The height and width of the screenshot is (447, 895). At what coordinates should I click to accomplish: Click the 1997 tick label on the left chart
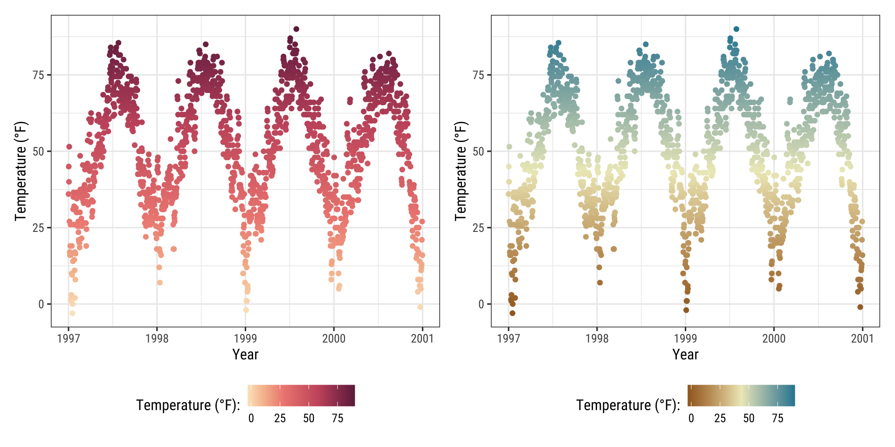[x=68, y=339]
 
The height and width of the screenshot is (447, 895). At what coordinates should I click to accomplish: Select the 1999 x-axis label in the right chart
[x=685, y=339]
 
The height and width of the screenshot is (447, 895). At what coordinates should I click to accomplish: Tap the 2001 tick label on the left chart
[x=422, y=339]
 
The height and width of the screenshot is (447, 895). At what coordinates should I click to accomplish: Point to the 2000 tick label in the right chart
[x=774, y=339]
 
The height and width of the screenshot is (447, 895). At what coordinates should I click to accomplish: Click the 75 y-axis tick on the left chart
[x=38, y=75]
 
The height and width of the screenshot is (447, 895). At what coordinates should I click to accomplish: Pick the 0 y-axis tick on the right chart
[x=482, y=305]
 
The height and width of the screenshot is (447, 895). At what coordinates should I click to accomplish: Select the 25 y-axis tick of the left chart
[x=38, y=228]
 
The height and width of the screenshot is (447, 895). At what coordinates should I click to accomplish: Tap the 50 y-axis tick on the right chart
[x=478, y=151]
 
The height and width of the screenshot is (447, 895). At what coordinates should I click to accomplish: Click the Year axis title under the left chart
[x=245, y=355]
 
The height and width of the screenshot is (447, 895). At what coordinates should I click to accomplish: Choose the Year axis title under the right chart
[x=685, y=355]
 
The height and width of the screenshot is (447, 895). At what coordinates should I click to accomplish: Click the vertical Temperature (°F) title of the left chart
[x=21, y=171]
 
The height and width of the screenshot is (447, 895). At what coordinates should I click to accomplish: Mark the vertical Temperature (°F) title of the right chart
[x=461, y=171]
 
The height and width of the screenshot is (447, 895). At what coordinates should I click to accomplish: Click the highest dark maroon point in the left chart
[x=296, y=29]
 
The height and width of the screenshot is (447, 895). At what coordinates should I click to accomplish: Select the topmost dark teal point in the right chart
[x=736, y=29]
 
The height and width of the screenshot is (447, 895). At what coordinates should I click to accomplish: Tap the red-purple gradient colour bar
[x=301, y=395]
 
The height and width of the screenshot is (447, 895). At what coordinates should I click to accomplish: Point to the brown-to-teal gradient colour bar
[x=741, y=395]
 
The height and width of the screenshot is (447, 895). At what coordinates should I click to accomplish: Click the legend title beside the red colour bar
[x=188, y=405]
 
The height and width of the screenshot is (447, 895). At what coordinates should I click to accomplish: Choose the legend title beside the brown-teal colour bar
[x=628, y=405]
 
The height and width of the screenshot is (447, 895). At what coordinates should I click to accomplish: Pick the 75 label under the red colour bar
[x=337, y=418]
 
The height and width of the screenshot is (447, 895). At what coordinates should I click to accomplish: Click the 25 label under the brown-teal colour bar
[x=720, y=418]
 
